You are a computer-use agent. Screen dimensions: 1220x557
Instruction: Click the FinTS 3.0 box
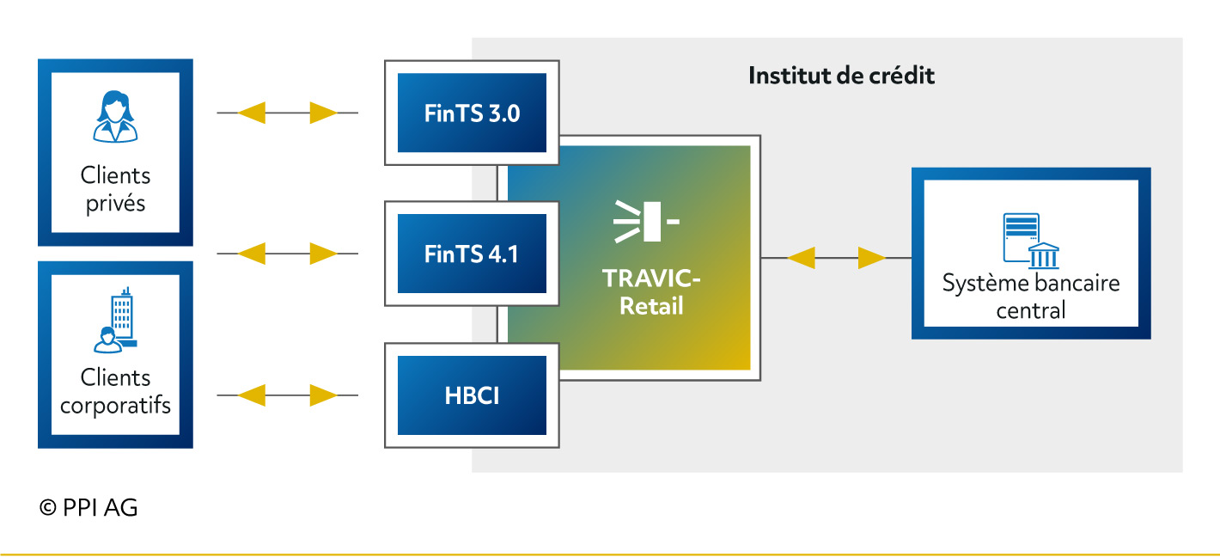[x=472, y=113]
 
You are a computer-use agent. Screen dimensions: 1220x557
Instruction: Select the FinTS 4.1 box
[x=472, y=254]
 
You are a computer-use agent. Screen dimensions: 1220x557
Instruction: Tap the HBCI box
[x=472, y=395]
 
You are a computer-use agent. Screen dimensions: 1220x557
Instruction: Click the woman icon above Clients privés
[x=115, y=116]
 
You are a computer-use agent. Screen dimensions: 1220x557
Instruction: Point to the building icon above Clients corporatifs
[x=115, y=320]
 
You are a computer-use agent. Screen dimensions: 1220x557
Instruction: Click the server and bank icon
[x=1031, y=241]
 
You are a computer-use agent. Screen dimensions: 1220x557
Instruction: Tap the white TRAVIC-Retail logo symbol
[x=646, y=221]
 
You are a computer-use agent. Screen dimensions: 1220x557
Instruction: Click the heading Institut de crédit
[x=841, y=76]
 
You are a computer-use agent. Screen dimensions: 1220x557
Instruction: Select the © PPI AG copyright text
[x=88, y=507]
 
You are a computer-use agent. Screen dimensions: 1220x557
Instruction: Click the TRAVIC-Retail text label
[x=651, y=291]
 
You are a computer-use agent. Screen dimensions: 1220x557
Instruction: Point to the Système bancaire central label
[x=1031, y=296]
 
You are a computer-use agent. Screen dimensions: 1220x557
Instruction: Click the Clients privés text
[x=115, y=189]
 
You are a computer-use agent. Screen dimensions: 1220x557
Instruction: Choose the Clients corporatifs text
[x=115, y=391]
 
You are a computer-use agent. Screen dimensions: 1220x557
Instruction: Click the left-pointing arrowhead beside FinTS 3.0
[x=252, y=113]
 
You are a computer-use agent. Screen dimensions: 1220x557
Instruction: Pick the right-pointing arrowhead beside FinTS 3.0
[x=324, y=113]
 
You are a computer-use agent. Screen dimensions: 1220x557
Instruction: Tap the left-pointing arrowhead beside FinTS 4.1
[x=252, y=254]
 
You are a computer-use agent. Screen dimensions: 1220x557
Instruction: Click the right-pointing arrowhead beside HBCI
[x=324, y=395]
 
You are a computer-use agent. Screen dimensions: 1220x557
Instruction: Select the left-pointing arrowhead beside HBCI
[x=252, y=395]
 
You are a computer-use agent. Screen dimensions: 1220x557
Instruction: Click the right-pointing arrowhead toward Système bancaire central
[x=872, y=258]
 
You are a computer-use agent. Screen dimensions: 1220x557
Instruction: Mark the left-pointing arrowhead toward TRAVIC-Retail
[x=802, y=258]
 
